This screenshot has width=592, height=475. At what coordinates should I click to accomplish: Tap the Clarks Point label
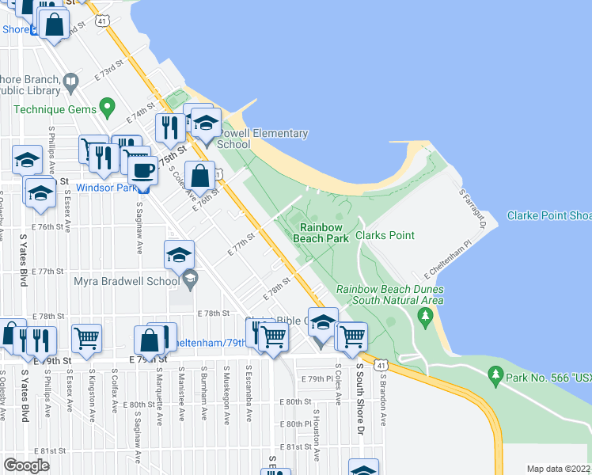point(385,235)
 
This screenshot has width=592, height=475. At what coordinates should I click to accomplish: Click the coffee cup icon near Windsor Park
point(142,170)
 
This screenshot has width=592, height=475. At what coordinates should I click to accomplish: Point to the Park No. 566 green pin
point(496,372)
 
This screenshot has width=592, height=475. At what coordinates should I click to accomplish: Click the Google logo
point(26,465)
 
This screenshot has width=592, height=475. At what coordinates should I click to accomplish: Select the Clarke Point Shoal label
point(549,215)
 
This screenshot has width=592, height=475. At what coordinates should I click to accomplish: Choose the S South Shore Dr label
point(359,396)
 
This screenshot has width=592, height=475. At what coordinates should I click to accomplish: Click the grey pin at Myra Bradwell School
point(190,279)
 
